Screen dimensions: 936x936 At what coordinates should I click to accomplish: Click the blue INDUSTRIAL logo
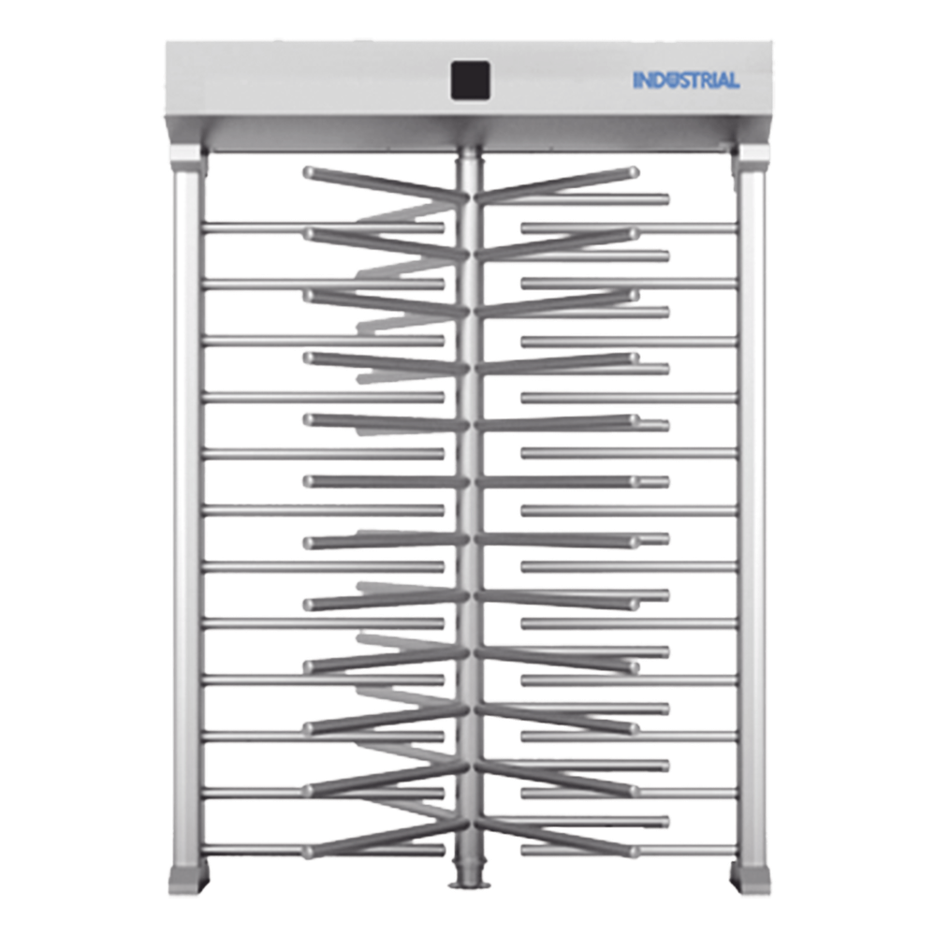tap(686, 80)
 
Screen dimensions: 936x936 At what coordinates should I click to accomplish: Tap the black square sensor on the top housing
tap(471, 80)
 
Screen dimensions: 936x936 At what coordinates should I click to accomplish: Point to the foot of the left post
tap(189, 878)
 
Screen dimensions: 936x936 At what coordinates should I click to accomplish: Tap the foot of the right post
tap(751, 878)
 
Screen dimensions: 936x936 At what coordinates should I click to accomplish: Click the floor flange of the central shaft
tap(470, 884)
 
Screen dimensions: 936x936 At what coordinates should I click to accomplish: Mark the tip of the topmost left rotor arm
tap(309, 172)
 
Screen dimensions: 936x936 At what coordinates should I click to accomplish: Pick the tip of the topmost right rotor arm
tap(634, 172)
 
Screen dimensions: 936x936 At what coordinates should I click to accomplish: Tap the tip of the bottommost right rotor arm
tap(634, 852)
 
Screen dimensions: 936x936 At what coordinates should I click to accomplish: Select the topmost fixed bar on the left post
tap(323, 228)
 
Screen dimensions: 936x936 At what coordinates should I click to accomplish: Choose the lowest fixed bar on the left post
tap(323, 850)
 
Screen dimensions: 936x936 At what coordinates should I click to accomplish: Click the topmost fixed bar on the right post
tap(630, 228)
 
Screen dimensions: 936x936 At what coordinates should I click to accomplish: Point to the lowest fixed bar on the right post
tap(630, 850)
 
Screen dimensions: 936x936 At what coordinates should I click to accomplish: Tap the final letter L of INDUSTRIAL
tap(734, 80)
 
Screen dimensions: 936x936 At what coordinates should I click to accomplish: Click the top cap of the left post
tap(187, 157)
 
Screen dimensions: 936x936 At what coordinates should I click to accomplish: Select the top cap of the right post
tap(752, 157)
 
